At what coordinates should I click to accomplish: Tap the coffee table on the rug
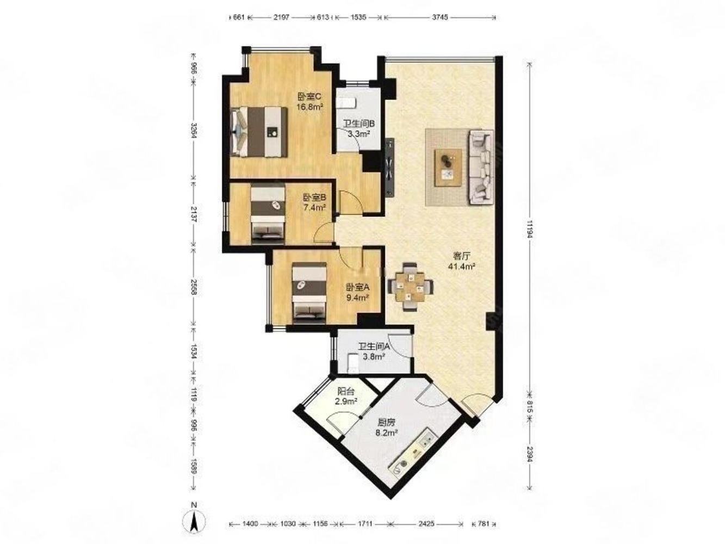(448, 168)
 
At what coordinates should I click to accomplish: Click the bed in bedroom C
(259, 132)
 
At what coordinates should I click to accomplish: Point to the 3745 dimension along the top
(439, 17)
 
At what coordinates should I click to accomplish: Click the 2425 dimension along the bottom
(426, 523)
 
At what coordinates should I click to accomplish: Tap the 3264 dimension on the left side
(194, 131)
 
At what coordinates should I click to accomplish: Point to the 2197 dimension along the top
(281, 17)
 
